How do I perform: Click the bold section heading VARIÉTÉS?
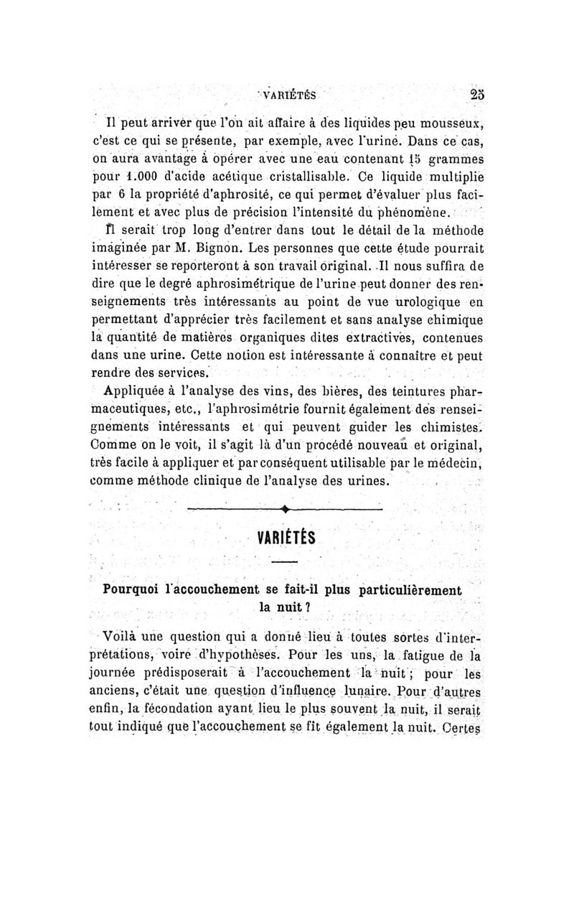click(x=284, y=538)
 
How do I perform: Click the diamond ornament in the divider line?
click(x=286, y=509)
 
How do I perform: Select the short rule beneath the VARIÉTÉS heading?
click(x=284, y=562)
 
